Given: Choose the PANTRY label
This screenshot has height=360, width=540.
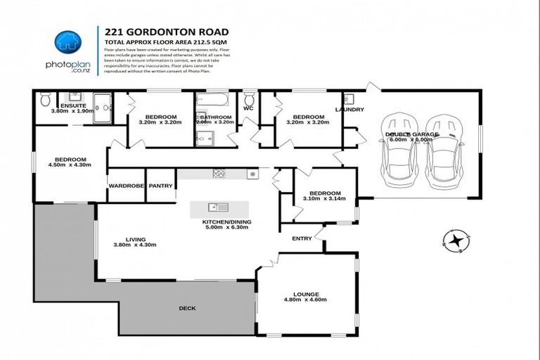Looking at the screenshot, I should point(161,186).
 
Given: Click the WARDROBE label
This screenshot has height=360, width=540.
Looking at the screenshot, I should point(126,186).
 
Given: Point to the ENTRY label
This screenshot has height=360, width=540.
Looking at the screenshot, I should point(302,238).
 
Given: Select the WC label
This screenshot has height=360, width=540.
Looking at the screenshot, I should point(247,109).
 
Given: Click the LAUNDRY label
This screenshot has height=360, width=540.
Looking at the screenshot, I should point(349,110).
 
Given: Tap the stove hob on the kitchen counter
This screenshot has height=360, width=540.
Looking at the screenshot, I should point(219,173).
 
